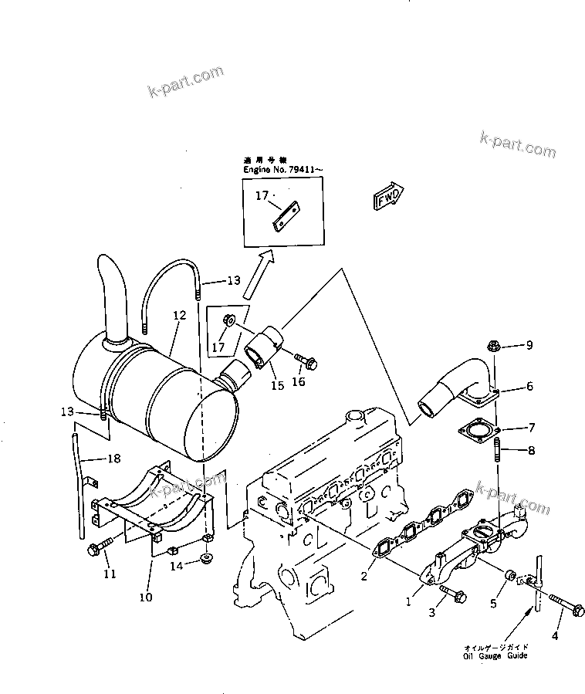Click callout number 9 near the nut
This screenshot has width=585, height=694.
tap(529, 346)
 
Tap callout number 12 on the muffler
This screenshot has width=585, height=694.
tap(179, 315)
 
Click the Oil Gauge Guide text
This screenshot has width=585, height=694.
tap(496, 655)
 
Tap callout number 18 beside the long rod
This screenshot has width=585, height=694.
tap(114, 459)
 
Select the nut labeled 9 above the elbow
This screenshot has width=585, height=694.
tap(495, 347)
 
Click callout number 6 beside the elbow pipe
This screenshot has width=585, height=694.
tap(529, 387)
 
